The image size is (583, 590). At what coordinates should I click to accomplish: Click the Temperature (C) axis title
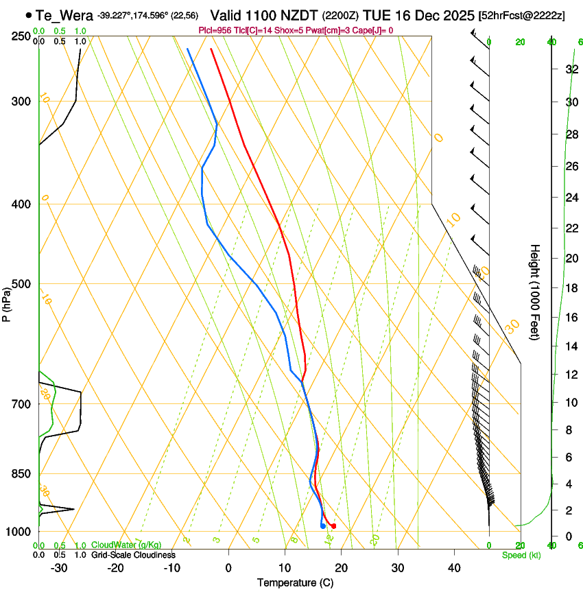(295, 582)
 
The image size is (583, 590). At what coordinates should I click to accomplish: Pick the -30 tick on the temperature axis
(59, 567)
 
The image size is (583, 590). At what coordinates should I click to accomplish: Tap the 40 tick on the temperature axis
(454, 567)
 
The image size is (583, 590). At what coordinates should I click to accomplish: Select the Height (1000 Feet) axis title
(535, 292)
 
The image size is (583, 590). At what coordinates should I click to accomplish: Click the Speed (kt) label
(521, 555)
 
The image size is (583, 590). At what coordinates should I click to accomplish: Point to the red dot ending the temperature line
(333, 526)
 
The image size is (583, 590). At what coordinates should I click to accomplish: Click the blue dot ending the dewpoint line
(322, 526)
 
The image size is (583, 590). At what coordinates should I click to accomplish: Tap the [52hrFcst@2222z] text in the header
(521, 15)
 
